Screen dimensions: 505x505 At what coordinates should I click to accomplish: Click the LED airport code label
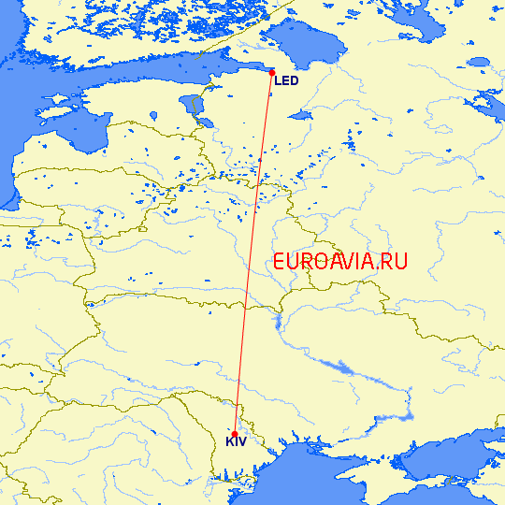pos(286,81)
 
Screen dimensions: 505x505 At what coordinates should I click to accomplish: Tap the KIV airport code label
pos(236,441)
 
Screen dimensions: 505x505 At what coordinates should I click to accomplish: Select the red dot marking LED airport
pos(271,72)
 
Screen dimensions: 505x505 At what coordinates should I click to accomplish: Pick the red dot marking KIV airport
pos(234,431)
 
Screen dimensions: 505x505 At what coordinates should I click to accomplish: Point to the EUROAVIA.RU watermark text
pos(340,262)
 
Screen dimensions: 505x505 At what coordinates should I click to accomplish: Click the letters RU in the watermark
pos(395,262)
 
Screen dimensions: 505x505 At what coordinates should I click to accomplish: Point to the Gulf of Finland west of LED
pos(187,70)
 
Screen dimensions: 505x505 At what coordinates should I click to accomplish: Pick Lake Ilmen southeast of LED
pos(300,115)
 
